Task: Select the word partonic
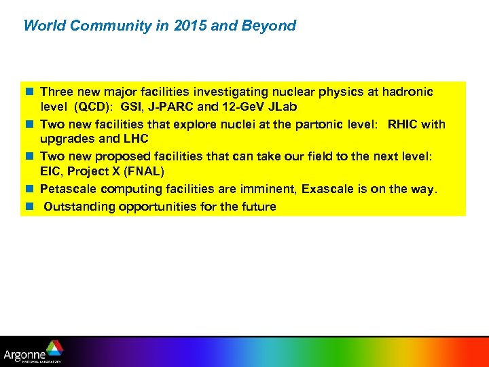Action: tap(327, 124)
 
